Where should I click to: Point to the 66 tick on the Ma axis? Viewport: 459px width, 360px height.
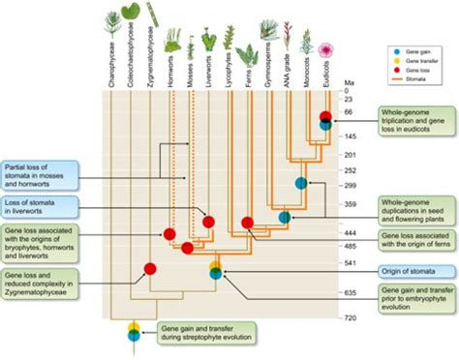pyautogui.click(x=345, y=113)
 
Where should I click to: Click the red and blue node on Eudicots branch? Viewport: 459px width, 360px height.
pyautogui.click(x=327, y=122)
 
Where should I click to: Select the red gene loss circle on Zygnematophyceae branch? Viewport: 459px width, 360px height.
pyautogui.click(x=151, y=268)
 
